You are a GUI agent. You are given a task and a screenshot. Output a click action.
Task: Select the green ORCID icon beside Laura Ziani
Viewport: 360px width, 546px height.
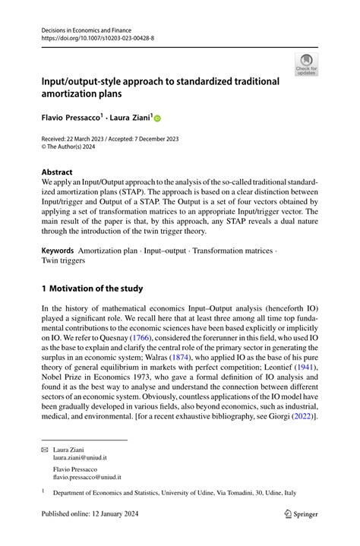point(158,118)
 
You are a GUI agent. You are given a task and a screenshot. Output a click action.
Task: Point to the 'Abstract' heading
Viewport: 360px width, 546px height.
point(57,172)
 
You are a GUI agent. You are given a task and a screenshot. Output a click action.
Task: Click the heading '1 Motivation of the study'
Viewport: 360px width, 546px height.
point(92,288)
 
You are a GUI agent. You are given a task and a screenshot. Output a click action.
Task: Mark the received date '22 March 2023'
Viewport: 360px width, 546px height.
point(91,139)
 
